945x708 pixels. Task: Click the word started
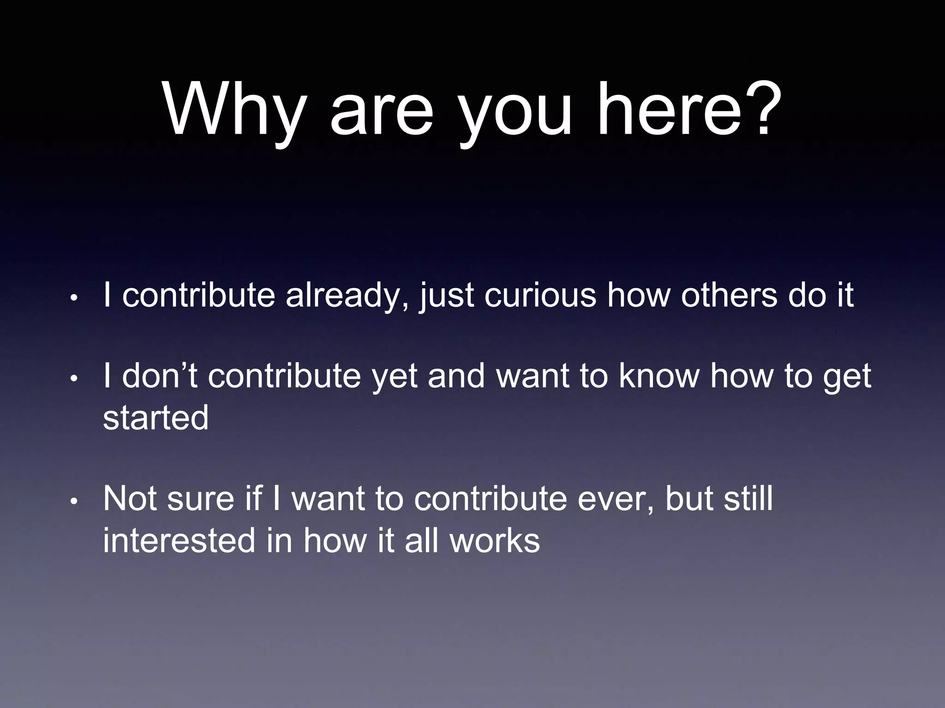[156, 418]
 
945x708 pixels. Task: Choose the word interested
[179, 540]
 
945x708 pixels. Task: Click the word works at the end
[495, 540]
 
